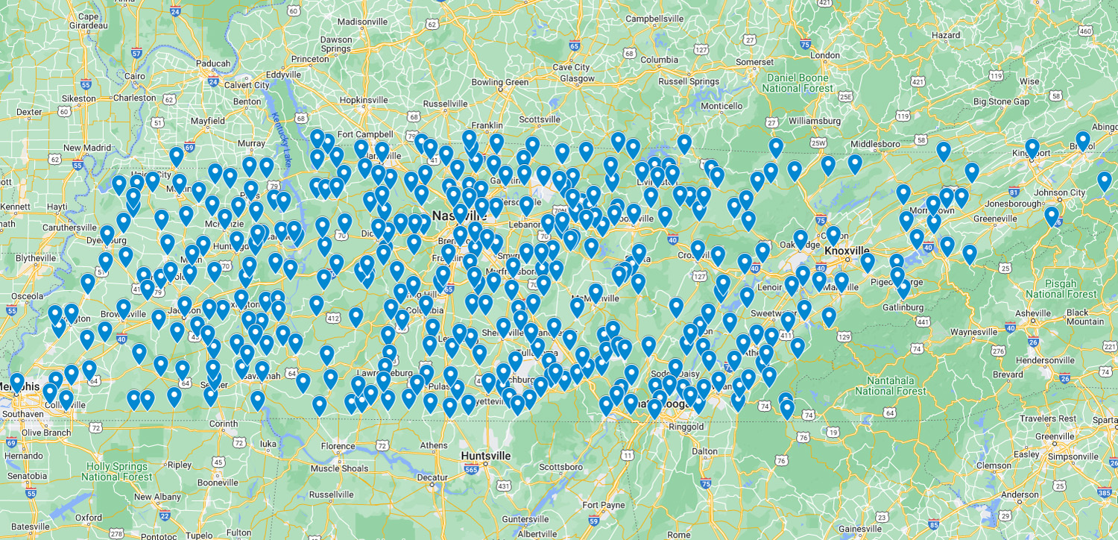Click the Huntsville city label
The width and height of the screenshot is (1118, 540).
point(485,455)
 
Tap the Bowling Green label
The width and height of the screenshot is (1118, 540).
point(499,82)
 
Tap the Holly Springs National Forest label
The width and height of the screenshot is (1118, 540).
point(116,471)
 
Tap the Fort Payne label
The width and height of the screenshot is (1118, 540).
point(603,505)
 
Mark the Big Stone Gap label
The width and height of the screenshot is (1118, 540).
point(1001,101)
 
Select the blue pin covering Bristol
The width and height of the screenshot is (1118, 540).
point(1083,139)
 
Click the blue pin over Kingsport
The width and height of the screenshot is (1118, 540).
point(1032,147)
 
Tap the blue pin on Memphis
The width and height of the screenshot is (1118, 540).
point(17,382)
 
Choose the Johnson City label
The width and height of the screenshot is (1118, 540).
point(1060,192)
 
